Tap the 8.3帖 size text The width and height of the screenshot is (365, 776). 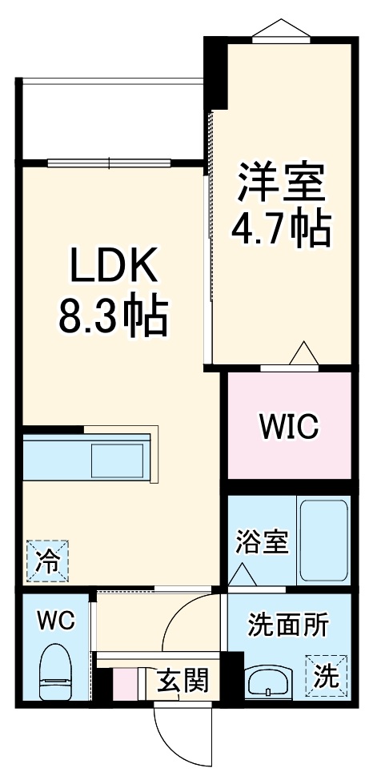(112, 317)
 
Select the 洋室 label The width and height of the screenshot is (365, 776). (281, 183)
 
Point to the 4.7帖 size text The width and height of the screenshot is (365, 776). (281, 229)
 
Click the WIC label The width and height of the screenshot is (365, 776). (288, 427)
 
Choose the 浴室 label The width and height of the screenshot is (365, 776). (261, 542)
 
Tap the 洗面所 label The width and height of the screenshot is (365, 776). (287, 625)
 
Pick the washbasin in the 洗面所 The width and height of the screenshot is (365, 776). (269, 681)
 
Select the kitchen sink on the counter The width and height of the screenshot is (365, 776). (118, 461)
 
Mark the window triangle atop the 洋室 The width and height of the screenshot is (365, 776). (279, 28)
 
